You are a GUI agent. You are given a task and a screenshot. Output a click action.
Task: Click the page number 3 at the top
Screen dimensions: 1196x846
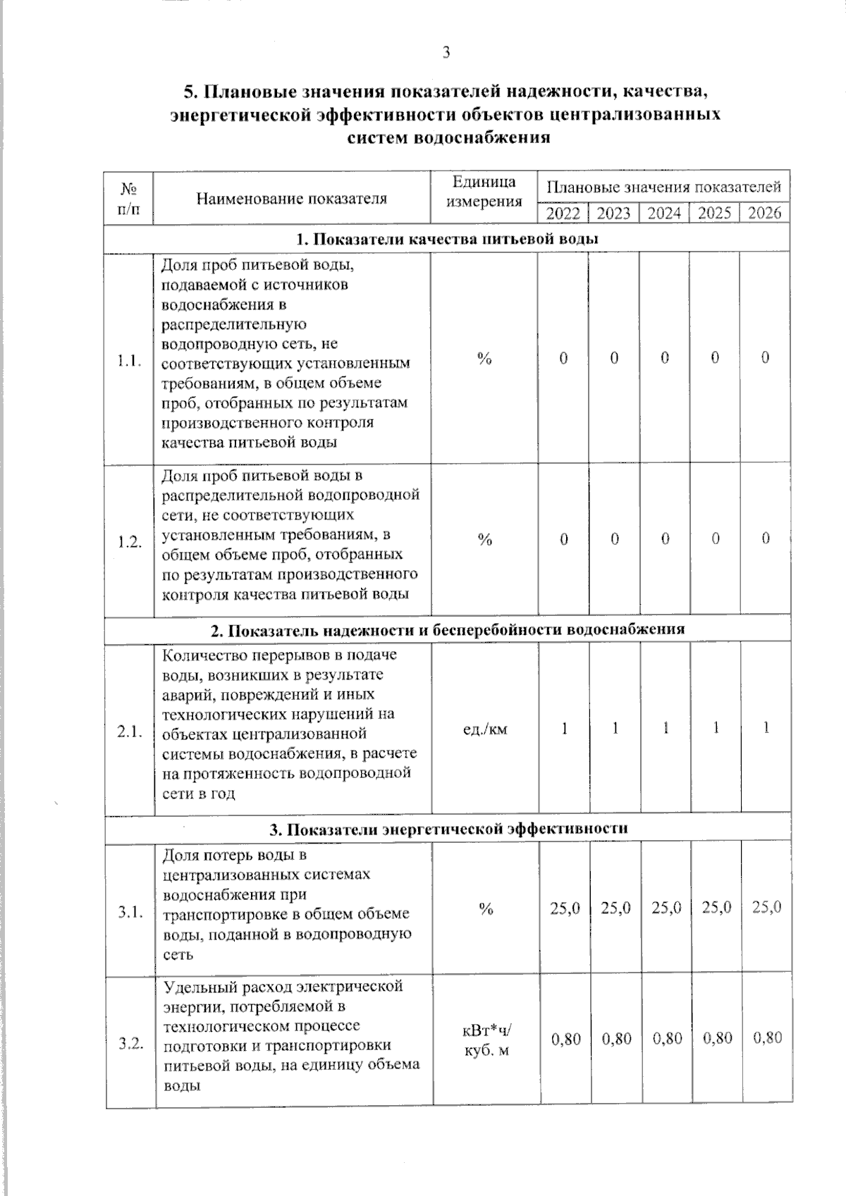(446, 52)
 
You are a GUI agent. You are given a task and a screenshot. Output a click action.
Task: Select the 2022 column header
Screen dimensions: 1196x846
(563, 213)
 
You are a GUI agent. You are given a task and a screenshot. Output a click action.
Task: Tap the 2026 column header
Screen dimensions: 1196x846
(764, 213)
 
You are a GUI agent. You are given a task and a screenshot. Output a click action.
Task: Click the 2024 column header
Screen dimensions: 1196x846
(664, 213)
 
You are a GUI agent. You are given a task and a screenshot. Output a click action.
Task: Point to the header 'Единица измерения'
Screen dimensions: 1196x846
(484, 192)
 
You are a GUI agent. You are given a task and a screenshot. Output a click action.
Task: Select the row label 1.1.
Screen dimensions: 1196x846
(130, 361)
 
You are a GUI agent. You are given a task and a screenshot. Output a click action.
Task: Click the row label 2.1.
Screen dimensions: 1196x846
(130, 732)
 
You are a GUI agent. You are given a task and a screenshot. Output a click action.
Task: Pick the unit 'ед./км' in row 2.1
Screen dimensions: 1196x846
(484, 729)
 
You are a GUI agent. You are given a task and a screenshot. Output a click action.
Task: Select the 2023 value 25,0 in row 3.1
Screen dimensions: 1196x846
(615, 908)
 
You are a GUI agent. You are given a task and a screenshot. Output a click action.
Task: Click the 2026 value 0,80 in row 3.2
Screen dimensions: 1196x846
(767, 1038)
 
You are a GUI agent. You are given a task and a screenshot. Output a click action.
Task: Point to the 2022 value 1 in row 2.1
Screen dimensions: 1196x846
(564, 728)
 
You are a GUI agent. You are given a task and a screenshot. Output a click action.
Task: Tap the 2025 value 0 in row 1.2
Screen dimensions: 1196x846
(715, 539)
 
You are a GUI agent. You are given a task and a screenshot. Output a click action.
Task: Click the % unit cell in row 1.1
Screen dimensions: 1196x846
(484, 359)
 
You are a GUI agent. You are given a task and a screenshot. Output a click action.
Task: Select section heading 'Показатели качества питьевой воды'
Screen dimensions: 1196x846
(447, 239)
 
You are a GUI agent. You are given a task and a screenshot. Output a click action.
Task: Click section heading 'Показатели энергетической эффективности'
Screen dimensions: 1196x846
(448, 829)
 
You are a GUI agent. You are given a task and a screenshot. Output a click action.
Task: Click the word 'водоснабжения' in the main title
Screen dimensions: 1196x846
(481, 137)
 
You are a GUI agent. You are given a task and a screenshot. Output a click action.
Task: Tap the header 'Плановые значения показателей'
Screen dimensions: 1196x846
(663, 187)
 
